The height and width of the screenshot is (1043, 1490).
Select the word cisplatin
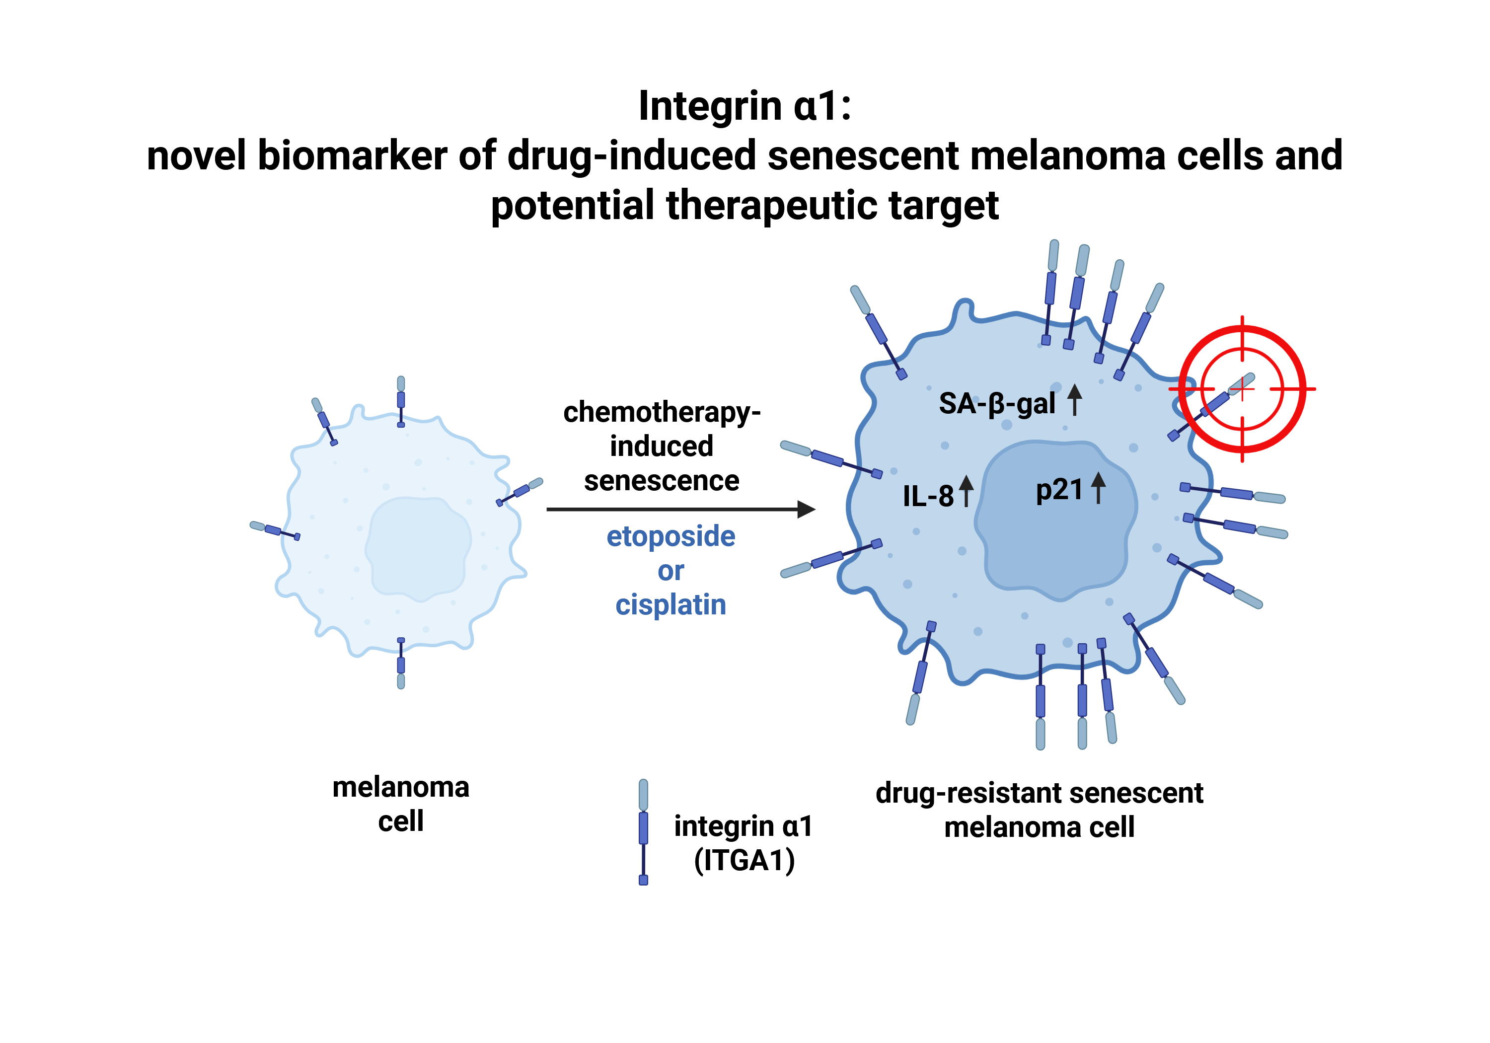point(670,605)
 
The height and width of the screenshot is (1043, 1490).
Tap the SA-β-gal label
point(997,404)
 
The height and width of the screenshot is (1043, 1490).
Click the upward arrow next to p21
point(1098,488)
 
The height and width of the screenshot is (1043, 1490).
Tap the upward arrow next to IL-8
point(967,491)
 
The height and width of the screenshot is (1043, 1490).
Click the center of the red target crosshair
point(1242,389)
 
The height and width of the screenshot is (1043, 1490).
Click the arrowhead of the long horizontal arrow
point(806,510)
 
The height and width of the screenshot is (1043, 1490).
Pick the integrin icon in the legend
point(643,831)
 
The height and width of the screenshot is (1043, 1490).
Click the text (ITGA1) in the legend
point(744,861)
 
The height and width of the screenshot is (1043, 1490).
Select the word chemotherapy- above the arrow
point(661,413)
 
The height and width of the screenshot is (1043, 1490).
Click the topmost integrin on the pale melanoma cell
point(401,400)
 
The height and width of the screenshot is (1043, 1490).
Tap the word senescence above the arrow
point(661,481)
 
